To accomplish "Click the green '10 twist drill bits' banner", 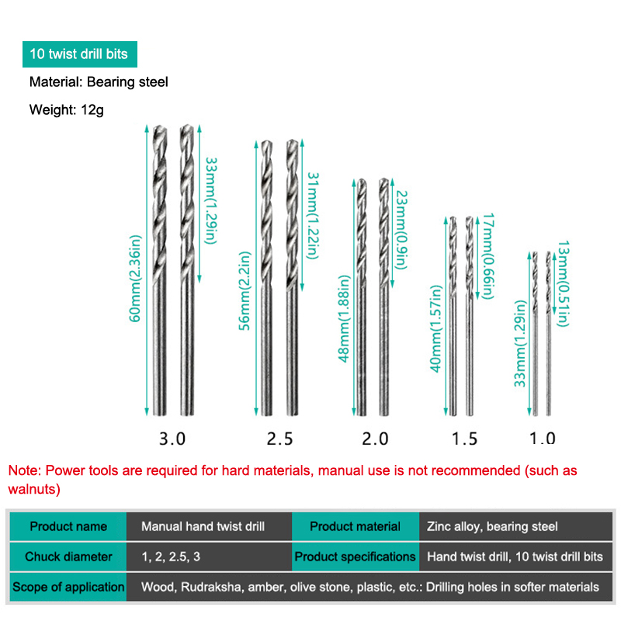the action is [x=80, y=54].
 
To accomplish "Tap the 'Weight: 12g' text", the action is [x=67, y=109].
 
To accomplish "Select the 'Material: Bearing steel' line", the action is [x=99, y=82].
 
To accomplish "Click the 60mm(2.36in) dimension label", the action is [x=135, y=279].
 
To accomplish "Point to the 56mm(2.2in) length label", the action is [x=245, y=290].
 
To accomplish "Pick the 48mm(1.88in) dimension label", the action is [x=344, y=319].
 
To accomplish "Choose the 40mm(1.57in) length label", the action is [x=435, y=328].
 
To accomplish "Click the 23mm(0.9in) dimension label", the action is [x=401, y=230].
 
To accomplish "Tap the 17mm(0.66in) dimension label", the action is [x=488, y=256].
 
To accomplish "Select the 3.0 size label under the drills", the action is [x=172, y=439].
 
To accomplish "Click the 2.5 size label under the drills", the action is [x=279, y=439].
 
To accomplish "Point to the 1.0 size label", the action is [x=543, y=439].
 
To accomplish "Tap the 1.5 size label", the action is [x=464, y=439].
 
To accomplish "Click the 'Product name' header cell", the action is [x=68, y=526].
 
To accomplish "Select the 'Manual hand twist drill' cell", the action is [x=209, y=526].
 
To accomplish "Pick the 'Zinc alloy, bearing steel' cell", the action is [x=515, y=526].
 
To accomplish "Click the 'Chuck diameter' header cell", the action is [x=68, y=557].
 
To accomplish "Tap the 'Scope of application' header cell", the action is [x=68, y=587].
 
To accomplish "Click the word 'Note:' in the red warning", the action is [x=25, y=470].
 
